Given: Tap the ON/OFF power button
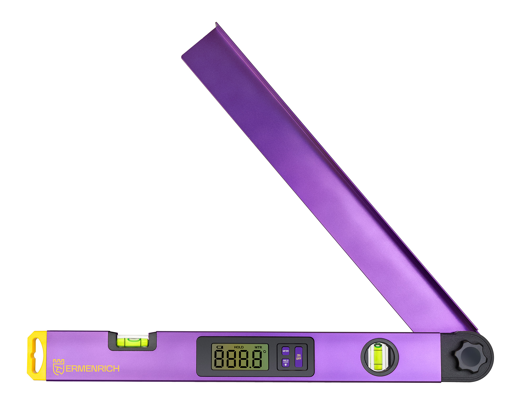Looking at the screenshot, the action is (299, 357).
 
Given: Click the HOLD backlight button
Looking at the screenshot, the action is (286, 363).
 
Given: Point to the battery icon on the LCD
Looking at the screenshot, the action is (220, 347).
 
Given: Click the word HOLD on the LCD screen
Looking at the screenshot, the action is (239, 347).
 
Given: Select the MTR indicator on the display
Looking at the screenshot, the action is (258, 347).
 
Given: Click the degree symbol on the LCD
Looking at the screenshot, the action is (265, 352).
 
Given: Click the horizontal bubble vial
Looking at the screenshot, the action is (133, 341).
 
